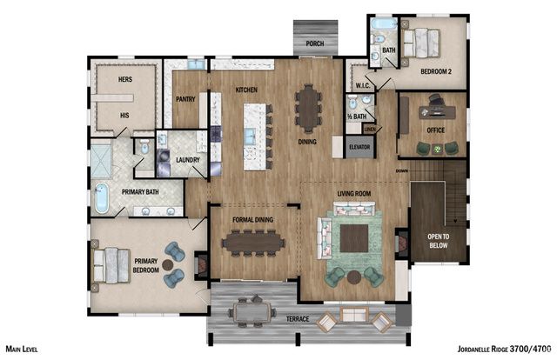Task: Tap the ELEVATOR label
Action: click(359, 147)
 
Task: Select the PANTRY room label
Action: click(185, 99)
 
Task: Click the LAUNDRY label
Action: click(187, 160)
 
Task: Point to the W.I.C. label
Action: click(364, 86)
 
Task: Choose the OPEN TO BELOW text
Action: click(438, 240)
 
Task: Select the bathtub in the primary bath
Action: click(101, 198)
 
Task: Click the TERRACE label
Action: click(298, 320)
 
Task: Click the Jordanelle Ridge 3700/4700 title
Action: click(503, 348)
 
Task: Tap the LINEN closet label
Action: click(370, 129)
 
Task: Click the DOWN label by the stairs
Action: click(400, 170)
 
